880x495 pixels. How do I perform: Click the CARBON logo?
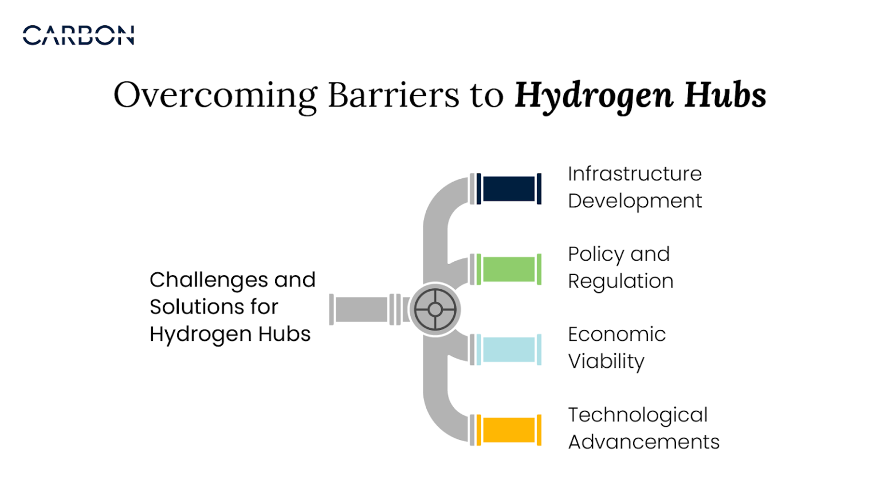(x=78, y=36)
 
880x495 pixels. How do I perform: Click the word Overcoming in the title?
(x=215, y=95)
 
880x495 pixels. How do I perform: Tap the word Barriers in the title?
(x=394, y=95)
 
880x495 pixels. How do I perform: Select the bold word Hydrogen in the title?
(x=594, y=96)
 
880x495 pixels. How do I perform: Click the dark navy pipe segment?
(x=509, y=188)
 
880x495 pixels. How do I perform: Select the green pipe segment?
(x=509, y=269)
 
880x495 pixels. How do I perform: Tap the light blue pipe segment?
(x=509, y=349)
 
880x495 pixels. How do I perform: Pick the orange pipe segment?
(x=509, y=430)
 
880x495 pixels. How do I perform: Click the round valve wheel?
(x=435, y=310)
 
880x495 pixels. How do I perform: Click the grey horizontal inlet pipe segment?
(x=362, y=309)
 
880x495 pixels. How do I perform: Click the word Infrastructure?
(x=635, y=174)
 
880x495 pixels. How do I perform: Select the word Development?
(x=635, y=201)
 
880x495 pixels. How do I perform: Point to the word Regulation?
(x=620, y=281)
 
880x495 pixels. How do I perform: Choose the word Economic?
(x=616, y=335)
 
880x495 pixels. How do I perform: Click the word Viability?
(x=606, y=362)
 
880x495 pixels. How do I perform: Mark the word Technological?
(x=638, y=415)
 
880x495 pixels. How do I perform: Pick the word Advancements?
(x=643, y=442)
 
